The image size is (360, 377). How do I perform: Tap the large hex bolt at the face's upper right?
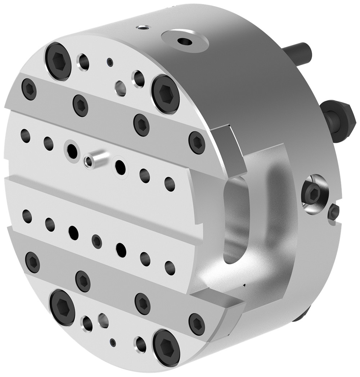coord(165,90)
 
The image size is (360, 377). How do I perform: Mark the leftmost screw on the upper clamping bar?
coord(29,89)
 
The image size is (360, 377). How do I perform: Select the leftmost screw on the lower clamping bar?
coord(33,260)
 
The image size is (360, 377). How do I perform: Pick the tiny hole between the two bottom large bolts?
coord(113,341)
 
